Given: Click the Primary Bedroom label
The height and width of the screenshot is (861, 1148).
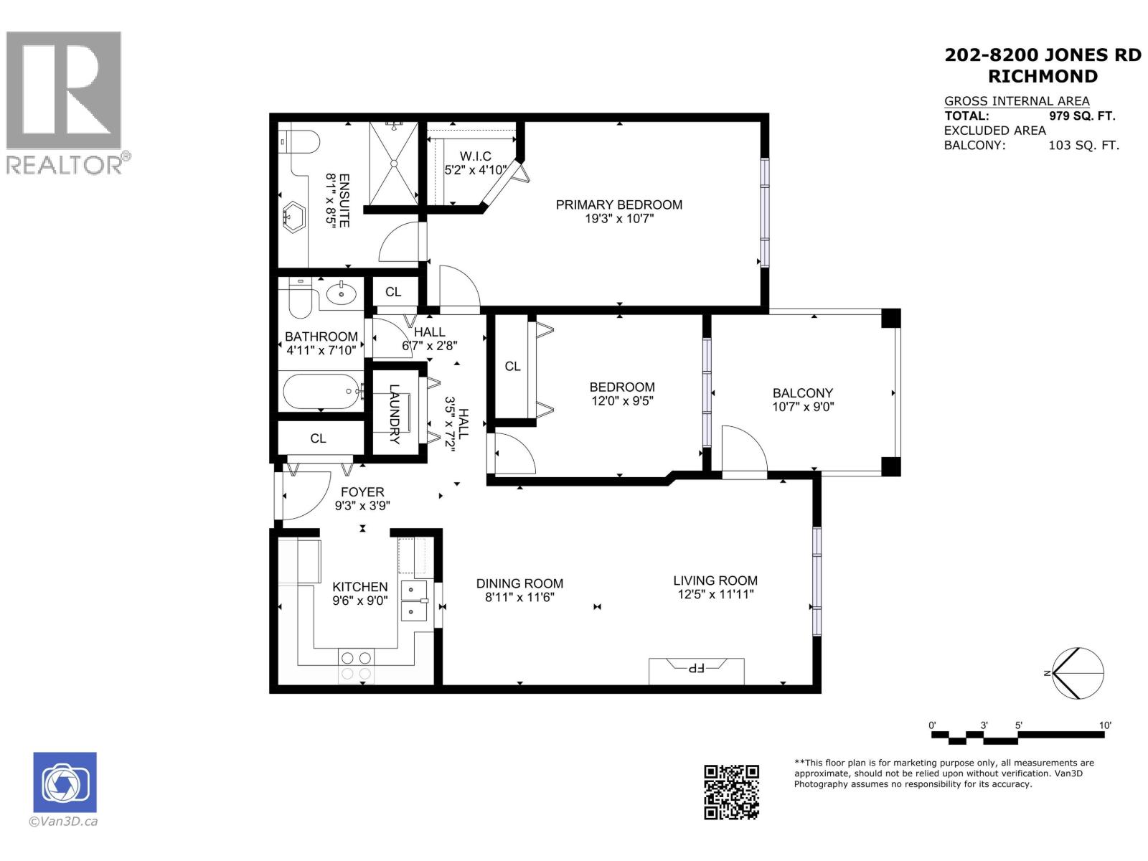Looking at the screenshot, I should (x=618, y=204).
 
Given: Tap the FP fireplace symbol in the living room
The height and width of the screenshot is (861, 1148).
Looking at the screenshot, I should (x=696, y=669).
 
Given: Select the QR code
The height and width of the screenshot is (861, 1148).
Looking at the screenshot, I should (x=731, y=792).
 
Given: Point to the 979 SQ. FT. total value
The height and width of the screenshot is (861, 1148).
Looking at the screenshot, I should (x=1082, y=116).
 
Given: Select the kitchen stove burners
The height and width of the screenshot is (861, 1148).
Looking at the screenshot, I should (x=356, y=666).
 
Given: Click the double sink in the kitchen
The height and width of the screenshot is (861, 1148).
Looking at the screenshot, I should (x=413, y=601).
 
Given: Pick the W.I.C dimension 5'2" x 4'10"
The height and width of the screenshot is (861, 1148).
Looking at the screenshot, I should (x=476, y=170).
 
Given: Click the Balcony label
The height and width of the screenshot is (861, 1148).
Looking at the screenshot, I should (x=802, y=392).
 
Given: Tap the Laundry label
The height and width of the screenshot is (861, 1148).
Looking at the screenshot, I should (x=394, y=414).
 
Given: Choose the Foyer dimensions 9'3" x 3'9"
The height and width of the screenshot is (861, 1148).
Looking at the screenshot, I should (x=362, y=505).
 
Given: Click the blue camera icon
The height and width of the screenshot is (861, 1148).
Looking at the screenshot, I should (x=65, y=782).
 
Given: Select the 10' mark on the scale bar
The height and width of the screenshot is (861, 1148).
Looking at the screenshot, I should (x=1104, y=725).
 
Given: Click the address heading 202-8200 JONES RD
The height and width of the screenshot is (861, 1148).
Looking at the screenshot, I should (x=1043, y=55).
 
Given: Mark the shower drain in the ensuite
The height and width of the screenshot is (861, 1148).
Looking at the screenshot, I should (x=393, y=163).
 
